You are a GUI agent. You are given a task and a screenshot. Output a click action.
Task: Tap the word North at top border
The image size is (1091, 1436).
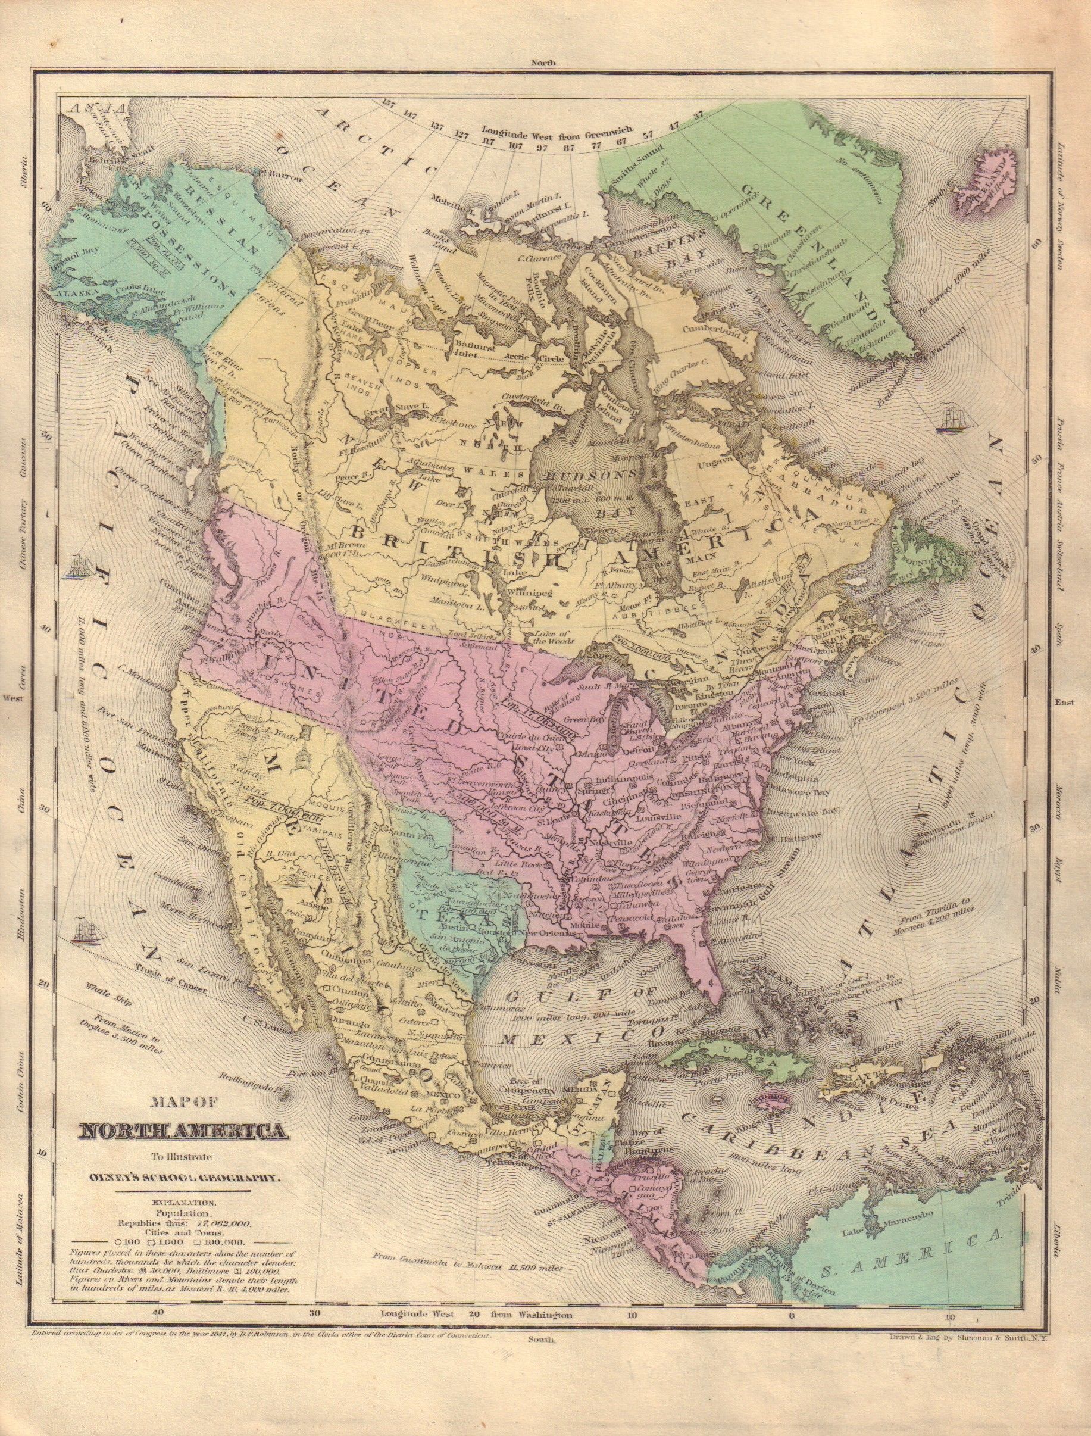click(x=544, y=64)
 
